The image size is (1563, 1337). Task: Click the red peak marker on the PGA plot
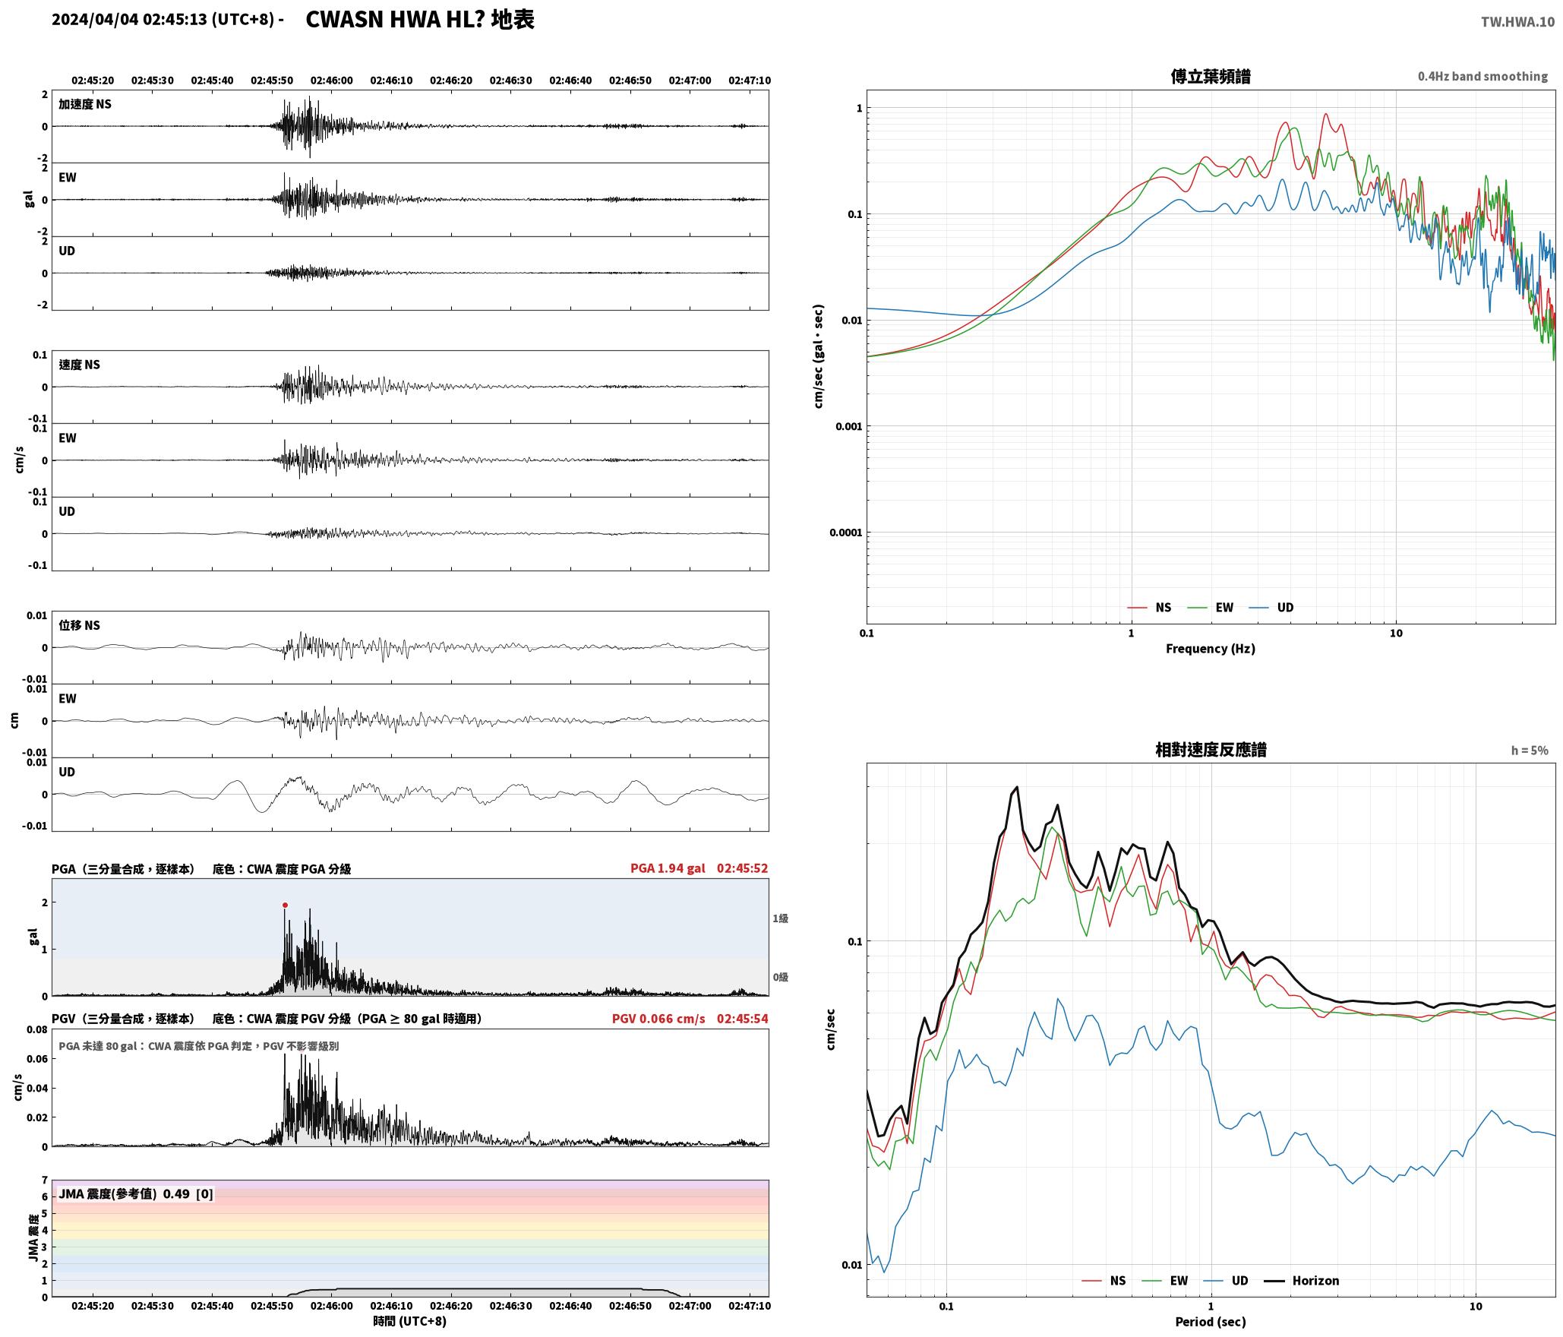pos(285,905)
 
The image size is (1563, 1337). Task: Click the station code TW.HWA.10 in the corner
pos(1517,22)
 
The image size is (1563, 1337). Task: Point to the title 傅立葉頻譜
pos(1211,76)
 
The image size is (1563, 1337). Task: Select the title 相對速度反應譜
pos(1211,750)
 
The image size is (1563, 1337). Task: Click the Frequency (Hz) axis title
pos(1211,649)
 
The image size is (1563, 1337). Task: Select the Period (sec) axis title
pos(1211,1322)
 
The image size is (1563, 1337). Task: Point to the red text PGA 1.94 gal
pos(668,868)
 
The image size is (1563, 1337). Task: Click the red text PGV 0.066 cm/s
pos(658,1019)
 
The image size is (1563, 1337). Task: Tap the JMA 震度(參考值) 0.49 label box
pos(135,1194)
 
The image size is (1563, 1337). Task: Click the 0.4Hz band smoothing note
pos(1482,76)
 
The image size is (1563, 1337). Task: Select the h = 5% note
pos(1529,751)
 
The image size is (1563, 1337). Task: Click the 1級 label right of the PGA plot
pos(780,918)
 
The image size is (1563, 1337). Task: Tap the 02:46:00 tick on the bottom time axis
pos(332,1306)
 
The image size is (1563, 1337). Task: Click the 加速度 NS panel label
pos(85,104)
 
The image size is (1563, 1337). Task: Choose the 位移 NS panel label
pos(80,625)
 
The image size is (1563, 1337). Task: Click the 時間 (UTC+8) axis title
pos(410,1321)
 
